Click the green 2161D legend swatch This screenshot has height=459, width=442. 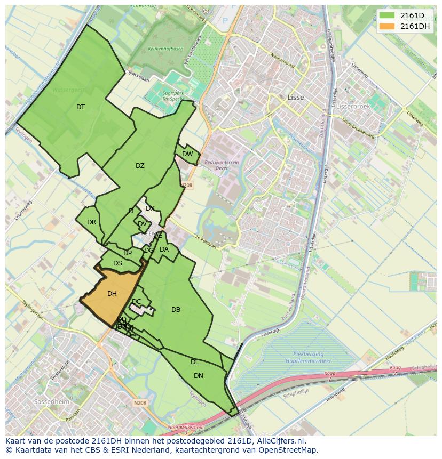387,15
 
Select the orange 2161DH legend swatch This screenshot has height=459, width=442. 387,26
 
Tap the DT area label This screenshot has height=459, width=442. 81,107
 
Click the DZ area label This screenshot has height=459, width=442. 140,166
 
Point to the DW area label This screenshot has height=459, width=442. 187,154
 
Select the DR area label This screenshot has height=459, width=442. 91,222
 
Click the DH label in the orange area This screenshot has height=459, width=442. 112,294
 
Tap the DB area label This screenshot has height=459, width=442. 176,310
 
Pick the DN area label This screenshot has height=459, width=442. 199,376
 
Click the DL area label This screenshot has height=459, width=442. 195,362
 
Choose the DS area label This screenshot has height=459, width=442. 117,263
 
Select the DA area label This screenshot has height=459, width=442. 164,249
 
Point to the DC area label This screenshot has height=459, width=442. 137,302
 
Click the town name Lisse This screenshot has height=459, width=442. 295,98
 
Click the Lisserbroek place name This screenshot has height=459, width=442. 353,106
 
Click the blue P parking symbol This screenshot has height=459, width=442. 225,21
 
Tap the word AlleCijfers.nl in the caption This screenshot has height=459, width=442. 280,441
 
